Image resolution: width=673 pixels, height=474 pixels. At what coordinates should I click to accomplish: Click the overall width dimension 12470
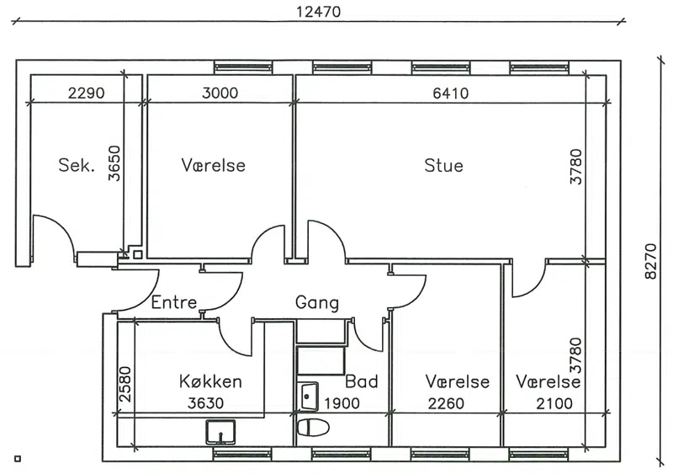(319, 12)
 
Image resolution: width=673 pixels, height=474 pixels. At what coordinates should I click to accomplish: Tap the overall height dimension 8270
(650, 261)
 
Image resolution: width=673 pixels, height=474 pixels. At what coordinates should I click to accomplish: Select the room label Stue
(444, 166)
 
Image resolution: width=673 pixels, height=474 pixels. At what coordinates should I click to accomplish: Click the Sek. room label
(77, 165)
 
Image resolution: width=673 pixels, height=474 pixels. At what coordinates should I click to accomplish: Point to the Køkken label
(210, 381)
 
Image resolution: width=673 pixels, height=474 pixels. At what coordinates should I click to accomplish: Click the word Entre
(174, 302)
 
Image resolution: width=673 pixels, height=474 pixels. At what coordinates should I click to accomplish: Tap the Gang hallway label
(317, 303)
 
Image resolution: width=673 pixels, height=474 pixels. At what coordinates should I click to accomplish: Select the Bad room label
(362, 381)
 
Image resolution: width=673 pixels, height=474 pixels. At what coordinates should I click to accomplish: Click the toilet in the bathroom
(313, 428)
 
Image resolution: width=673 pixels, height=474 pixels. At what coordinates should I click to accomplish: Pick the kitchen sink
(220, 432)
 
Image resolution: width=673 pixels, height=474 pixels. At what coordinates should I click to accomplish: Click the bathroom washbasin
(308, 397)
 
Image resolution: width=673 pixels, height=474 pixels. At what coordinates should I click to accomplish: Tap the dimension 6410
(451, 93)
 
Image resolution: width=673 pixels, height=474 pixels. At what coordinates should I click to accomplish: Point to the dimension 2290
(87, 93)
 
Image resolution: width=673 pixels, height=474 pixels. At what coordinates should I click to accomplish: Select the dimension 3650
(114, 163)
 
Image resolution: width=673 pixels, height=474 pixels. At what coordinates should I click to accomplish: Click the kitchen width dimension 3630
(205, 403)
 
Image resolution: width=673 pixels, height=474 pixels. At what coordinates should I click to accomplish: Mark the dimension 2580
(125, 384)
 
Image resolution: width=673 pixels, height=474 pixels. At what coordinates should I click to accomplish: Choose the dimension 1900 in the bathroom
(342, 403)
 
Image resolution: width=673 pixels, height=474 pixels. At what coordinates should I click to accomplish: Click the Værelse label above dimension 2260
(458, 381)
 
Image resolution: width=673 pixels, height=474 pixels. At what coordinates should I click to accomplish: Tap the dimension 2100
(554, 403)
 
